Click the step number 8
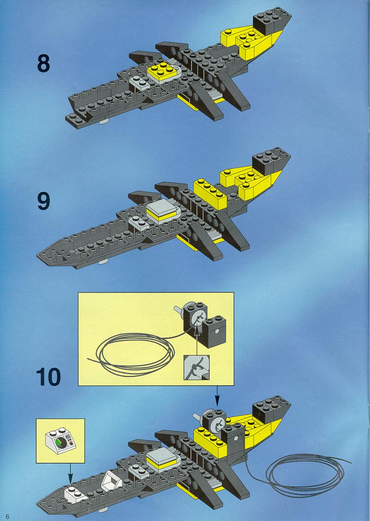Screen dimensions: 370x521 (43, 63)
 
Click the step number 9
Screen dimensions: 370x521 (43, 201)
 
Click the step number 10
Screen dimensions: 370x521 (49, 377)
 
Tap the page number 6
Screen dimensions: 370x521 (7, 516)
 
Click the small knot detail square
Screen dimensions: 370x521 (197, 368)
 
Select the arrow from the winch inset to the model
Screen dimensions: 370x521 (217, 396)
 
